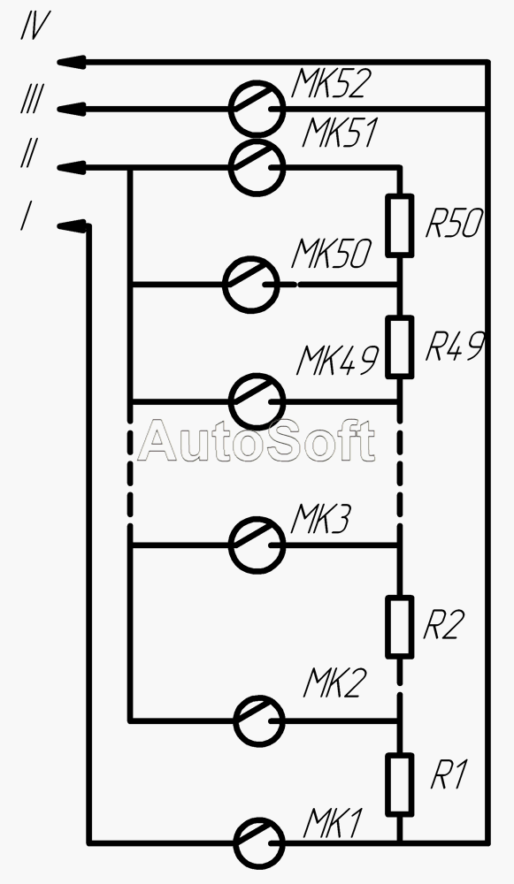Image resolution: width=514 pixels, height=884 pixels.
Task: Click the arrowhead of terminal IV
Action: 71,62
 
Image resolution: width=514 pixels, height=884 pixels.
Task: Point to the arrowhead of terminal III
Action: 71,108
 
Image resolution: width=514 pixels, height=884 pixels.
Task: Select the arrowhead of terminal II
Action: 71,167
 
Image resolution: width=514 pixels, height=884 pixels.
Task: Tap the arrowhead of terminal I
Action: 73,226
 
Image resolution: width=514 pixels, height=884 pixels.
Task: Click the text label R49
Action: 455,346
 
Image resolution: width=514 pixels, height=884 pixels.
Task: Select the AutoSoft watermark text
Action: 257,440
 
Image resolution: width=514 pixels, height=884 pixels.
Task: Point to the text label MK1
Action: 332,824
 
